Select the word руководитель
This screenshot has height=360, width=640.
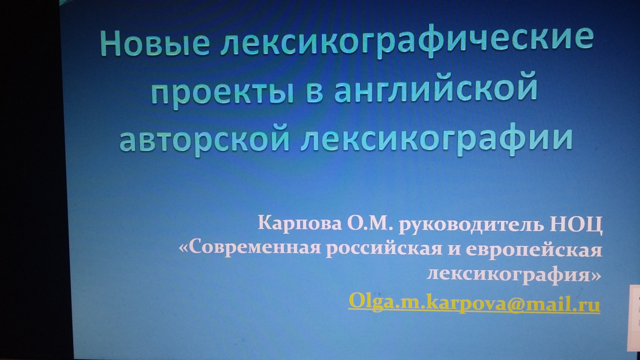[471, 224]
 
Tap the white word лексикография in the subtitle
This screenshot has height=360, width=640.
[508, 275]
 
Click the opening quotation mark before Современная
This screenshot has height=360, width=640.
[183, 248]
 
